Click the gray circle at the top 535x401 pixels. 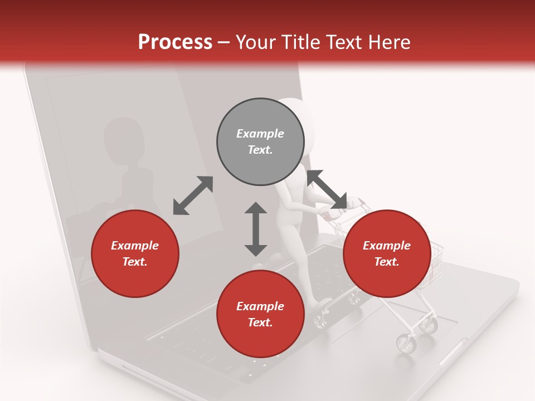[x=260, y=142]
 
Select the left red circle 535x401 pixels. [x=135, y=253]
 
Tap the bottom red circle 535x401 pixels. [x=260, y=314]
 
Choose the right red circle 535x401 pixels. [x=387, y=253]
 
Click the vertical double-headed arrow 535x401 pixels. [x=256, y=229]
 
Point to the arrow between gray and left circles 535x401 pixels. [x=193, y=195]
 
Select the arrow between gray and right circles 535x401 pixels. [x=327, y=190]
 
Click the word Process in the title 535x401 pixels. [x=175, y=42]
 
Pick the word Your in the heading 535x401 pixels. [x=256, y=42]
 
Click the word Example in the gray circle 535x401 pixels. [x=260, y=134]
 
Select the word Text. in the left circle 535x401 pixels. [x=135, y=262]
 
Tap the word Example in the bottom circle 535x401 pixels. [x=260, y=306]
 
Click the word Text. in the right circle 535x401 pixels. [x=387, y=262]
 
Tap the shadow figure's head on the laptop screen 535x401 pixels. [x=124, y=139]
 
